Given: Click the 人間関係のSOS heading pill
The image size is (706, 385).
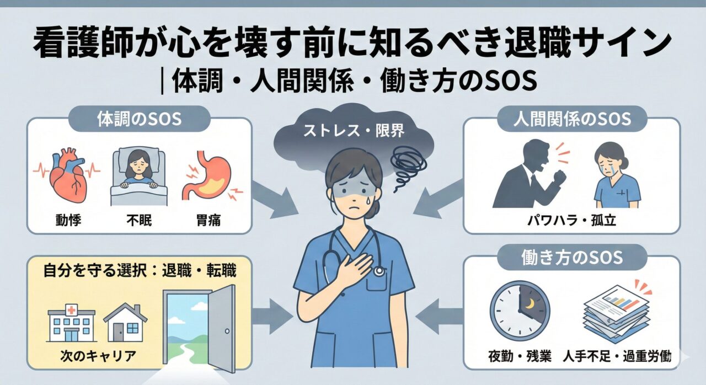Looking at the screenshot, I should (572, 119).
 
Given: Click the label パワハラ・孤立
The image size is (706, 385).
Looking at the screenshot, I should (571, 222).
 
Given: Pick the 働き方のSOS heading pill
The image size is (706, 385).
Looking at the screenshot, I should (572, 258).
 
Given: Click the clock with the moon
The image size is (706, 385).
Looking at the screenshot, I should (518, 311).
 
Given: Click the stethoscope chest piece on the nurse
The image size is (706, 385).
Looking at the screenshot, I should (378, 271).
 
